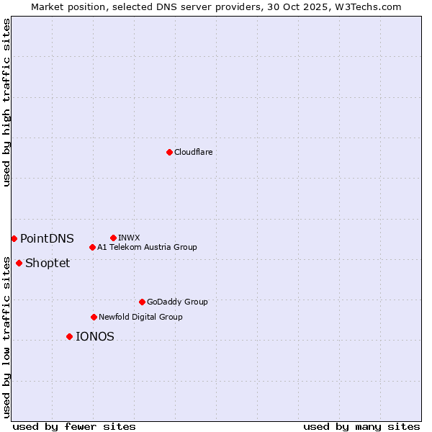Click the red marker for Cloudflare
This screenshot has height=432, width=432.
pyautogui.click(x=169, y=152)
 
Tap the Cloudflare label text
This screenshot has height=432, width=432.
pyautogui.click(x=193, y=152)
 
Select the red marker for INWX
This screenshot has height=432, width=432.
pyautogui.click(x=113, y=238)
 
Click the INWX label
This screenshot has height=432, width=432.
pyautogui.click(x=129, y=238)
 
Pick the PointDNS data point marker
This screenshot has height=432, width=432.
pyautogui.click(x=14, y=238)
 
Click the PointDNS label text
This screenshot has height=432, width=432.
pyautogui.click(x=47, y=238)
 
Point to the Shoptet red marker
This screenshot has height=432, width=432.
pyautogui.click(x=19, y=263)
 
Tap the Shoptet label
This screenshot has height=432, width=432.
pyautogui.click(x=48, y=263)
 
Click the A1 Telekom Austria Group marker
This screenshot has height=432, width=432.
pyautogui.click(x=92, y=247)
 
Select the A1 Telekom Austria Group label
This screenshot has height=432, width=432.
pyautogui.click(x=147, y=247)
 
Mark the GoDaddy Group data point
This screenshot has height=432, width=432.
pyautogui.click(x=142, y=302)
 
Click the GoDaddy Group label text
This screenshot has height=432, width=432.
pyautogui.click(x=177, y=302)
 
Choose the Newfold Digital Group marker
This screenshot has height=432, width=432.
pyautogui.click(x=94, y=317)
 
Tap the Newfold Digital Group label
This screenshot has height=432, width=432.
pyautogui.click(x=140, y=317)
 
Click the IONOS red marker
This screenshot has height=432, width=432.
pyautogui.click(x=69, y=336)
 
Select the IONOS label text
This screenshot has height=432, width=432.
pyautogui.click(x=94, y=336)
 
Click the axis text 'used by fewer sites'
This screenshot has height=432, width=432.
pyautogui.click(x=74, y=426)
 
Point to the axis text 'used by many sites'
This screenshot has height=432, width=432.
pyautogui.click(x=361, y=426)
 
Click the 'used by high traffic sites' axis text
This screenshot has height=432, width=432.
pyautogui.click(x=6, y=102)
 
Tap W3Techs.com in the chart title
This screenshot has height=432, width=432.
pyautogui.click(x=366, y=6)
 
